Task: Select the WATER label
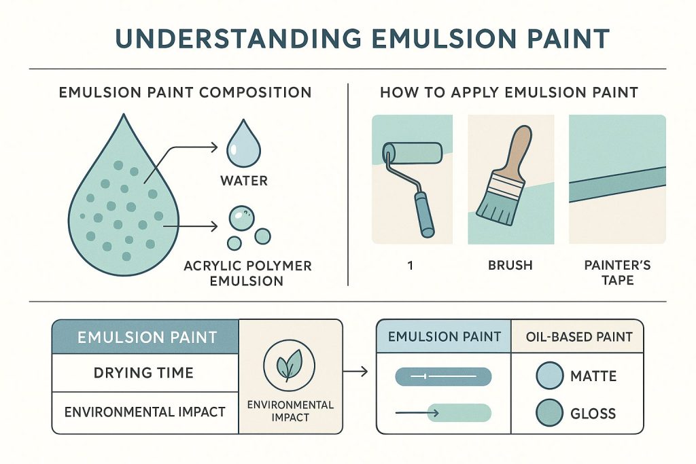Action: [244, 181]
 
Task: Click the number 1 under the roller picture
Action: [411, 266]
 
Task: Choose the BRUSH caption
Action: [510, 266]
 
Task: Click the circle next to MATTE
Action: [549, 375]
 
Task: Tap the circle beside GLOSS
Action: [549, 412]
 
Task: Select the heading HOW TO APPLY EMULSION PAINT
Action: [509, 92]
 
